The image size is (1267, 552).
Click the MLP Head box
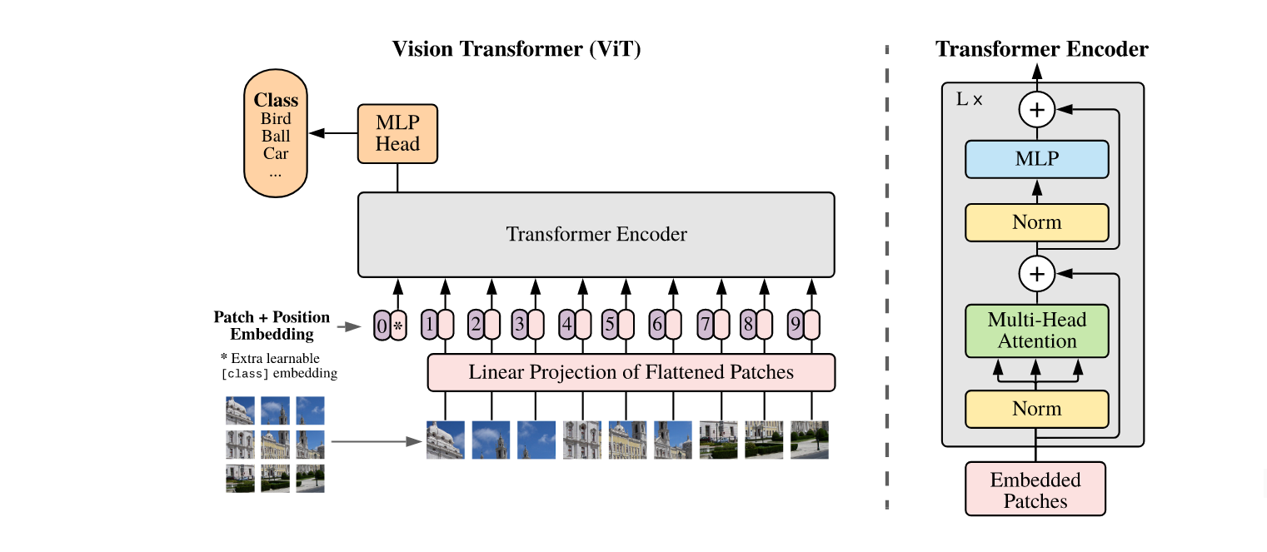397,133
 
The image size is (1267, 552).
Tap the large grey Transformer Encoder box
596,235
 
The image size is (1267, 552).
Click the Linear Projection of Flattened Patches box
631,371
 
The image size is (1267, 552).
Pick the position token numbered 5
609,325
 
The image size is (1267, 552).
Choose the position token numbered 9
796,325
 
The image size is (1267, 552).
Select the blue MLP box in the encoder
1036,158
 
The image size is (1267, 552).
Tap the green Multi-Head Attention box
1036,330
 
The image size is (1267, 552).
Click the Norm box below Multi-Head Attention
1036,409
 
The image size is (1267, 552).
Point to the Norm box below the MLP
1036,222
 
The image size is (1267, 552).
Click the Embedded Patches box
1035,490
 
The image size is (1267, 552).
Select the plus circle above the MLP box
1036,109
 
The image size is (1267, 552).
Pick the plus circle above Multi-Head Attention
1036,271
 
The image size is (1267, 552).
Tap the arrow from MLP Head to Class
332,133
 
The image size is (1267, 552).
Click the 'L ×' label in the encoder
969,99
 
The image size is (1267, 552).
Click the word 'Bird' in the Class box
276,119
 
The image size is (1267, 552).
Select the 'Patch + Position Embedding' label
272,326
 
